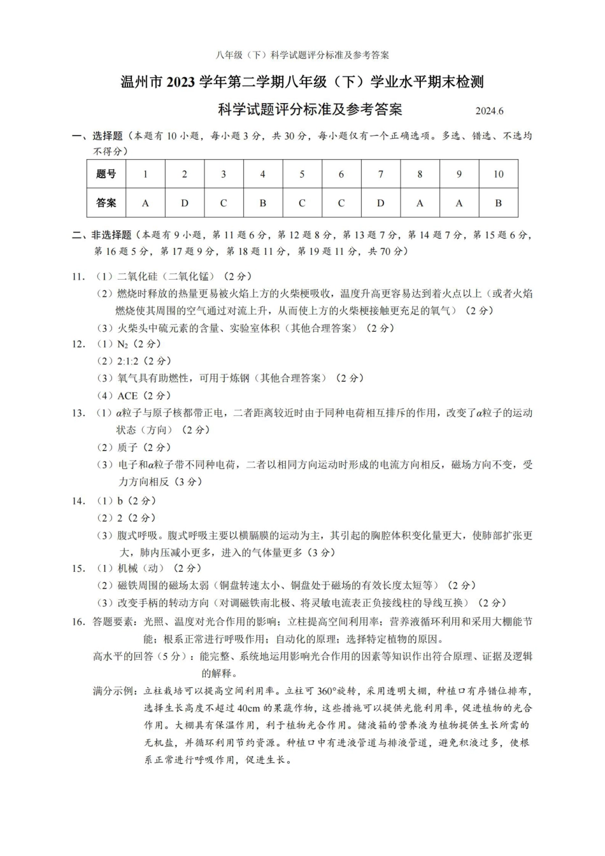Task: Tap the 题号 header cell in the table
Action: [x=106, y=174]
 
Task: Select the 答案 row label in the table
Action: [x=106, y=203]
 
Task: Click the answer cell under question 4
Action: [x=262, y=203]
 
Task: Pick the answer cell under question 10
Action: [x=498, y=203]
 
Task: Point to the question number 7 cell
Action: [x=380, y=174]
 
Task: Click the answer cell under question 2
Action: [x=185, y=203]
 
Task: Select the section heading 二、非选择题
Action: [x=101, y=235]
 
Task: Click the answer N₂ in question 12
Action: [x=123, y=345]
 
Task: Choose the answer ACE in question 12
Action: [x=127, y=396]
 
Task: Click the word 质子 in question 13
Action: [x=127, y=447]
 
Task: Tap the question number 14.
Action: [x=78, y=501]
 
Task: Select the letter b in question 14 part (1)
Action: [x=120, y=501]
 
